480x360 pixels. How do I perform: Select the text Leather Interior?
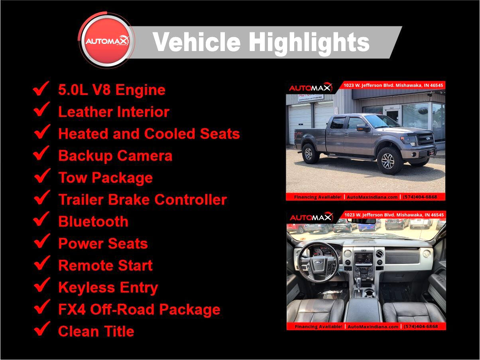point(114,112)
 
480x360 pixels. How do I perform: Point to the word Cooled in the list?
point(169,134)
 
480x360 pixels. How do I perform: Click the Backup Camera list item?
point(115,156)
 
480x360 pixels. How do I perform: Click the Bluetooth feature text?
point(93,221)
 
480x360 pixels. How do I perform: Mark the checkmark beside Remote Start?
point(42,263)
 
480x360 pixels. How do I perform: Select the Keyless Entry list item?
point(108,288)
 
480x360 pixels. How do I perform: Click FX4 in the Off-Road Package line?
point(72,309)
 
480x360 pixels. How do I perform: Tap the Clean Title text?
point(96,331)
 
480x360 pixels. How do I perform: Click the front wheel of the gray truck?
point(389,161)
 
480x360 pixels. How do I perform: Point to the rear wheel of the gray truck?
point(310,153)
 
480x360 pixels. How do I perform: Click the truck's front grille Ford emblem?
point(428,138)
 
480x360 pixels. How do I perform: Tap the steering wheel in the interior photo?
point(319,262)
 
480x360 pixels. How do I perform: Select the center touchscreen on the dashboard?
point(364,260)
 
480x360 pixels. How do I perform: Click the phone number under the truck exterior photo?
point(420,197)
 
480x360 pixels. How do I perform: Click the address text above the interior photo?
point(394,215)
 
